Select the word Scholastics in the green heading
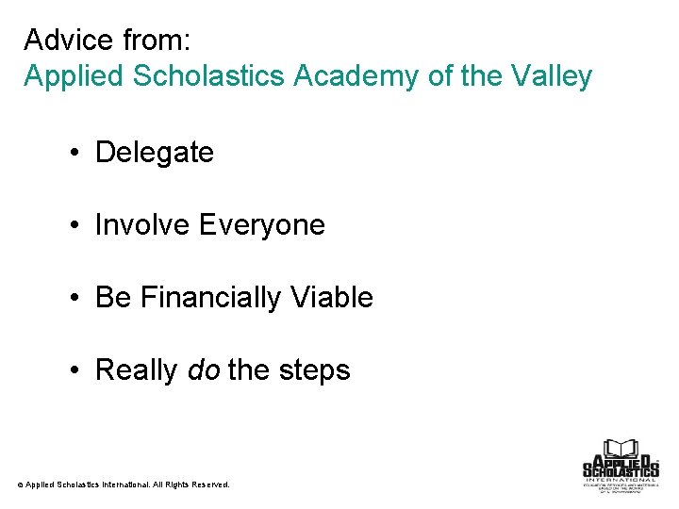pyautogui.click(x=204, y=75)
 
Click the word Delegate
pyautogui.click(x=155, y=152)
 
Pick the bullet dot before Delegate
pyautogui.click(x=75, y=153)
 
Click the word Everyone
pyautogui.click(x=262, y=224)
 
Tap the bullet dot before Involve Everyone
pyautogui.click(x=75, y=225)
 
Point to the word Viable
pyautogui.click(x=333, y=298)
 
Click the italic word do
pyautogui.click(x=204, y=370)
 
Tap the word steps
pyautogui.click(x=314, y=370)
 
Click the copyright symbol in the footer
pyautogui.click(x=20, y=484)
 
